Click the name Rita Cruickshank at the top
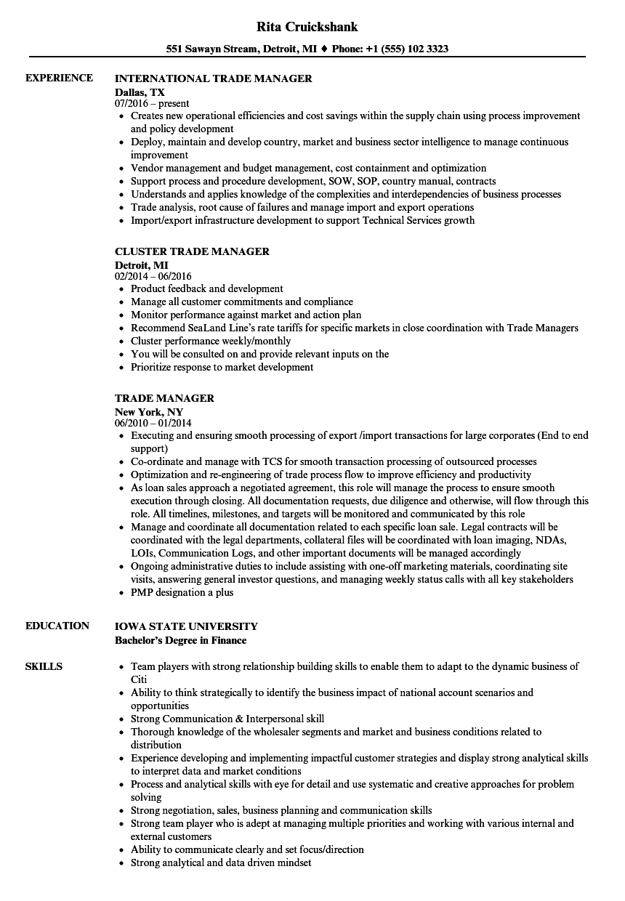307,27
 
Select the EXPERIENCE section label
59,78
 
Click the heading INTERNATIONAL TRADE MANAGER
214,78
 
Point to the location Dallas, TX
140,92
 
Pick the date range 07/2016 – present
152,104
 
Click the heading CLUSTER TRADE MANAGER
192,251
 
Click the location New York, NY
149,412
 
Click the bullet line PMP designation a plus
182,592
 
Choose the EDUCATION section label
57,626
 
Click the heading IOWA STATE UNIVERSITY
186,626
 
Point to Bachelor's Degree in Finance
180,640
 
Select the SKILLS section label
44,666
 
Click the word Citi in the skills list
139,679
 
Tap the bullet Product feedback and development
206,288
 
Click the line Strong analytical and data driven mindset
221,862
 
